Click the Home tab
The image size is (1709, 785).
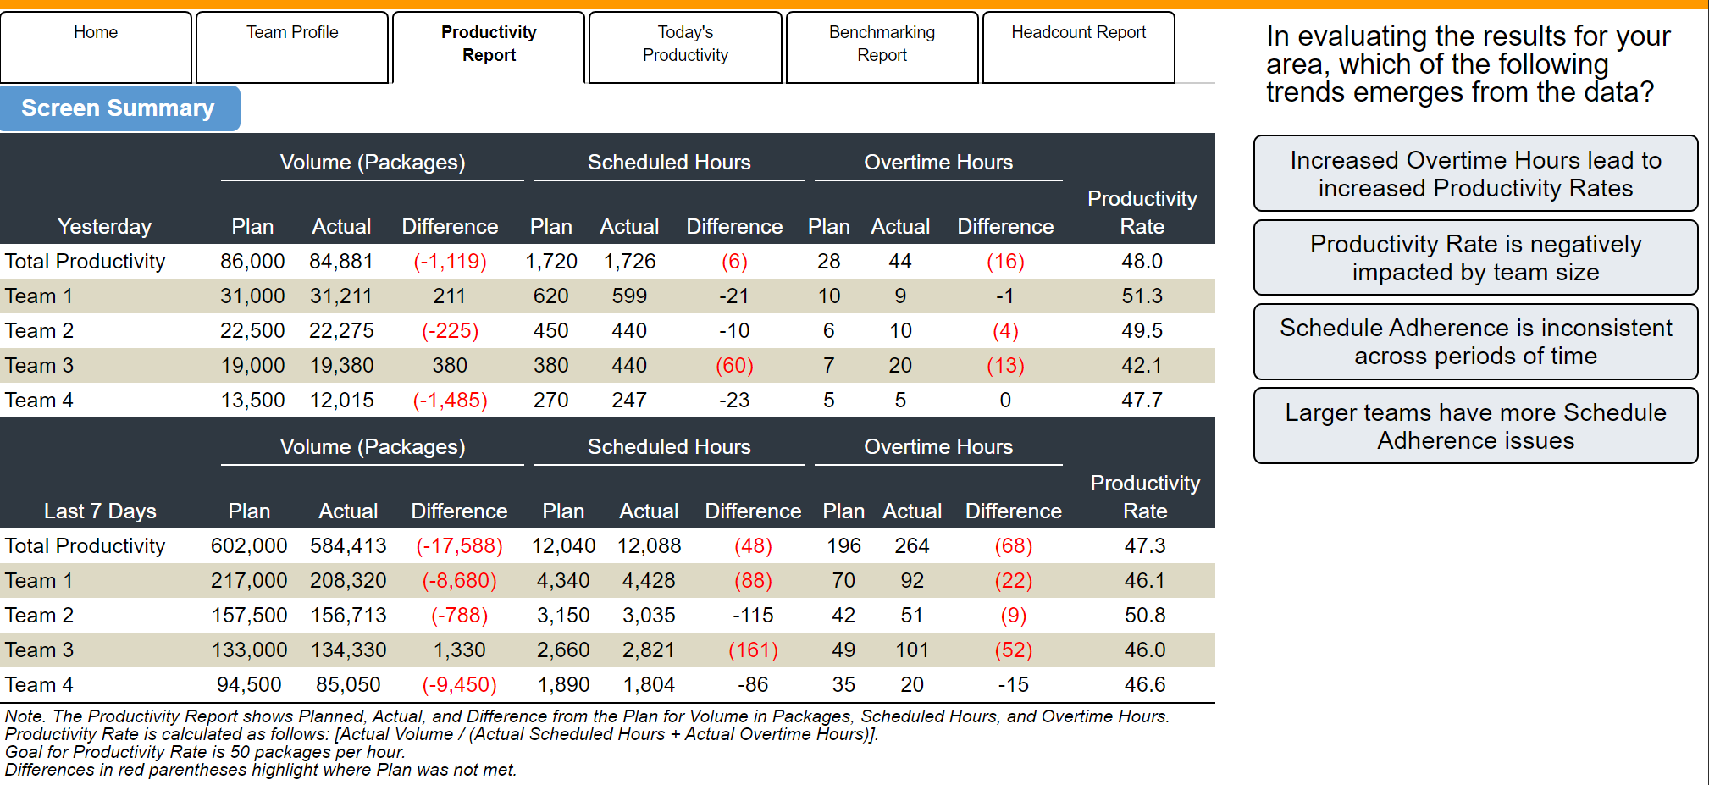click(x=96, y=47)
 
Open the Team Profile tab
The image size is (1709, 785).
click(x=292, y=47)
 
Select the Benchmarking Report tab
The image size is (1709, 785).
click(x=882, y=47)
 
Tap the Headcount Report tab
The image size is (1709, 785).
click(x=1078, y=47)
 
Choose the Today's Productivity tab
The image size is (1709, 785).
click(x=685, y=47)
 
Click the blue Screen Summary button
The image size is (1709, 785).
click(x=119, y=108)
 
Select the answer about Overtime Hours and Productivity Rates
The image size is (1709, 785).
click(x=1475, y=174)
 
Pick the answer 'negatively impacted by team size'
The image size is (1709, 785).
click(x=1475, y=257)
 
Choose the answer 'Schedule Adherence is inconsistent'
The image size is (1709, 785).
click(x=1475, y=341)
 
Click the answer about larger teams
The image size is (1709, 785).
click(x=1475, y=426)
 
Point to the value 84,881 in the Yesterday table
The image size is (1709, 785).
click(x=341, y=262)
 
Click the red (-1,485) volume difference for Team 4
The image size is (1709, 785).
click(x=450, y=401)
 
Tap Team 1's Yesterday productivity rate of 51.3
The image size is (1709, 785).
click(x=1142, y=296)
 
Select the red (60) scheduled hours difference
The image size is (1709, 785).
click(x=734, y=366)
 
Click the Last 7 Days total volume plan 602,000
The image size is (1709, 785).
click(x=249, y=546)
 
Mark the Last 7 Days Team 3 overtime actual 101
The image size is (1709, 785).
click(x=912, y=650)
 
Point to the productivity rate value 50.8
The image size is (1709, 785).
click(x=1145, y=616)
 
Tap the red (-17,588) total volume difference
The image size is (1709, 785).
click(x=459, y=546)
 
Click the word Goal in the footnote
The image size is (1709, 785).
click(x=24, y=752)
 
